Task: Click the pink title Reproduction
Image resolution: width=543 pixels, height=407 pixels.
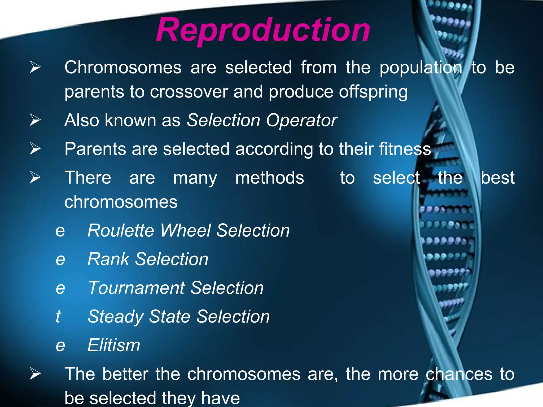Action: (x=263, y=30)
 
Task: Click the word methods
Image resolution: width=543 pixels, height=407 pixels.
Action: (x=270, y=178)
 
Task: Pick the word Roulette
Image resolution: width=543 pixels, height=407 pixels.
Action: (x=121, y=230)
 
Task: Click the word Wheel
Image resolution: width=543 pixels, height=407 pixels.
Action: (x=186, y=230)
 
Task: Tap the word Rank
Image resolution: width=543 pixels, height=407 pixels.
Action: (x=108, y=259)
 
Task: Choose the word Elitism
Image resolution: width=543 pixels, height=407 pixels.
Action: (x=114, y=345)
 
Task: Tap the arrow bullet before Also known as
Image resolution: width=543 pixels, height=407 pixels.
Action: (x=35, y=120)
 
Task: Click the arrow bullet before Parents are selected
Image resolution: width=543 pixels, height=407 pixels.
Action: (x=35, y=148)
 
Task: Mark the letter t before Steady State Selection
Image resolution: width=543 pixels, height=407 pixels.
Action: (x=58, y=316)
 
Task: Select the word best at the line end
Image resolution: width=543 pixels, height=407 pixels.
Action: (x=498, y=178)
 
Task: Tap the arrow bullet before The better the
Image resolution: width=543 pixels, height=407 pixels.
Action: (x=35, y=374)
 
